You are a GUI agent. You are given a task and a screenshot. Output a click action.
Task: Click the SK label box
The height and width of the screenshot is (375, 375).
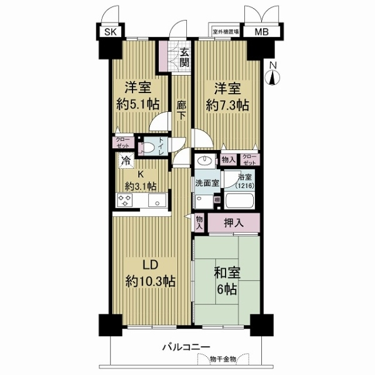coord(110,32)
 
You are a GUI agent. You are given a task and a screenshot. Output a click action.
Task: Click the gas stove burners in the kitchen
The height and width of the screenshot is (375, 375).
coord(124,200)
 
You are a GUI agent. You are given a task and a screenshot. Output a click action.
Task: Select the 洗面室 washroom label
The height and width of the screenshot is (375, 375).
coord(206,184)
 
